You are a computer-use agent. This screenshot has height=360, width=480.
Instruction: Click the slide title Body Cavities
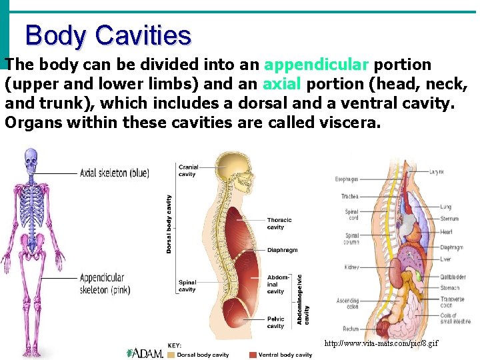[x=108, y=35]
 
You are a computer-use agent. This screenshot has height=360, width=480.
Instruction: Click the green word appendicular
[x=316, y=65]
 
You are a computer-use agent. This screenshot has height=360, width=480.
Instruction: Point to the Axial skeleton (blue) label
[x=114, y=173]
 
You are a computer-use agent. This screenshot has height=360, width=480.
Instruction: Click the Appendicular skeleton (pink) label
[x=105, y=284]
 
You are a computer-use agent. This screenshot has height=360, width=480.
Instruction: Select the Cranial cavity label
[x=187, y=171]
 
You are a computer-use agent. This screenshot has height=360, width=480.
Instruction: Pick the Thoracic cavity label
[x=279, y=223]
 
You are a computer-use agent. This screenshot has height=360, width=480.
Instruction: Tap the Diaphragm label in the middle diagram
[x=282, y=250]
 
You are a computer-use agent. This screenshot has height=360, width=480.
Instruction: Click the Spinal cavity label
[x=187, y=285]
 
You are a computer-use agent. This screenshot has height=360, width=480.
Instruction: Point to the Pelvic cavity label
[x=276, y=323]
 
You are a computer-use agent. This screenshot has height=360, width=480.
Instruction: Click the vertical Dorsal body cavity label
[x=169, y=223]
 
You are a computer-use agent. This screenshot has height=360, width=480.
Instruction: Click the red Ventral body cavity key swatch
[x=253, y=355]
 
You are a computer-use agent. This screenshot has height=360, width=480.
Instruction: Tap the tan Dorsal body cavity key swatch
[x=171, y=355]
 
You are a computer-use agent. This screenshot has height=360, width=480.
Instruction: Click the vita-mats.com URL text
[x=381, y=343]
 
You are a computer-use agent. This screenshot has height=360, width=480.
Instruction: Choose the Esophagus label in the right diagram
[x=347, y=179]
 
